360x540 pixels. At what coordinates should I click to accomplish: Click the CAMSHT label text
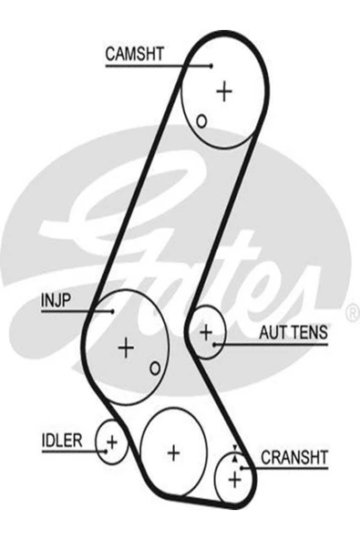134,54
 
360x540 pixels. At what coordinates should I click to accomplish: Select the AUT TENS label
293,334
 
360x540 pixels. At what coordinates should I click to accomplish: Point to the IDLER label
61,441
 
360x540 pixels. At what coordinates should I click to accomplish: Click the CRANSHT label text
294,455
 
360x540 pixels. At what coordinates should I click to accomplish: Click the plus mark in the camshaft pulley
224,90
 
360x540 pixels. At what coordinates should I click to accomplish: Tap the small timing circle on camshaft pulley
201,119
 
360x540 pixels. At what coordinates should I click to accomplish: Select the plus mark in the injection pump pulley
126,347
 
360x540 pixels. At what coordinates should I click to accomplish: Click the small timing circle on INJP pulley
155,368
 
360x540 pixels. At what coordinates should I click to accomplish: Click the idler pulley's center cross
112,442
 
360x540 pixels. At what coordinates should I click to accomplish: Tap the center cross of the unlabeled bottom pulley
173,452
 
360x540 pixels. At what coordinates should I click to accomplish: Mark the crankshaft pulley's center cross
235,477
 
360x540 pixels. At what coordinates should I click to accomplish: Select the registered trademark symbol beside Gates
352,313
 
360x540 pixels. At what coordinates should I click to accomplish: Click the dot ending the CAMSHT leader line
211,66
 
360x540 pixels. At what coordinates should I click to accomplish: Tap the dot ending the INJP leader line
113,311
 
